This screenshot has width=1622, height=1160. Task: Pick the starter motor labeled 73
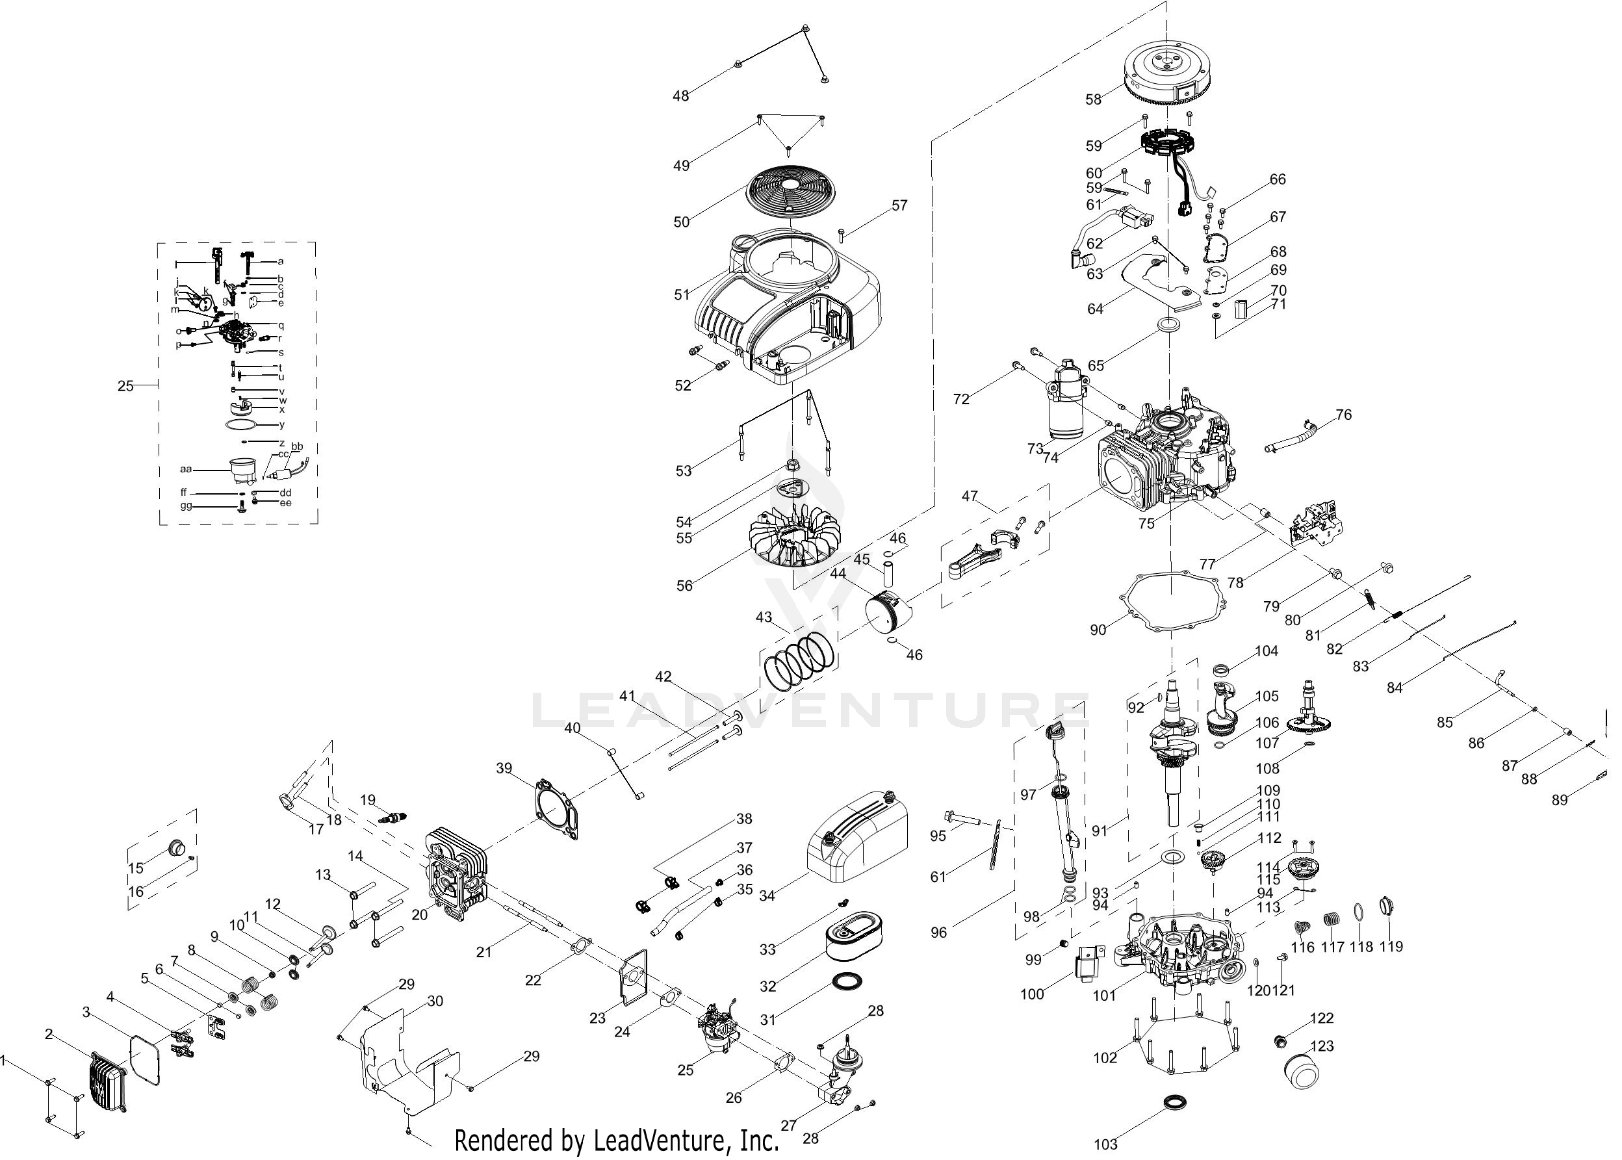tap(1066, 400)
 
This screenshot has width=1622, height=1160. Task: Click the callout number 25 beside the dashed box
tap(125, 386)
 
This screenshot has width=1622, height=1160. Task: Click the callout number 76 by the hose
tap(1343, 415)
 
